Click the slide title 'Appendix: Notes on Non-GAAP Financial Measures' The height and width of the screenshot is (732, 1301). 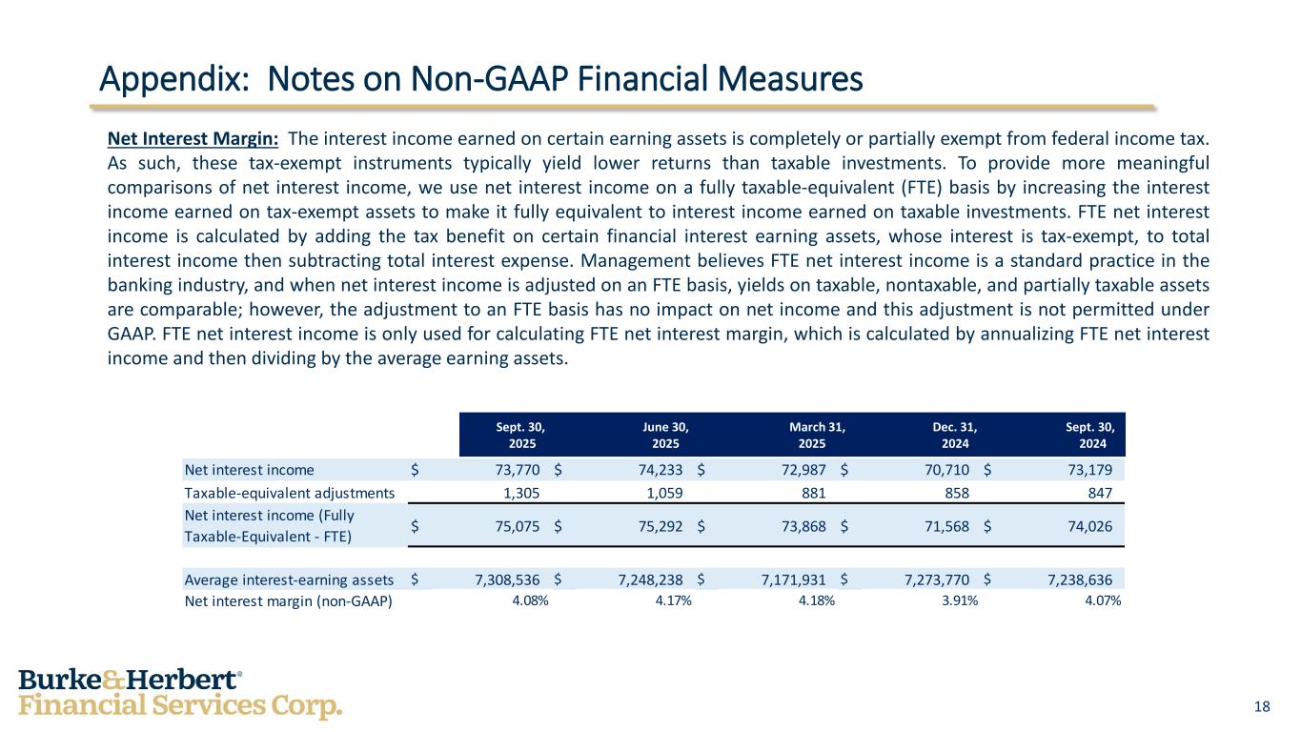[x=482, y=78]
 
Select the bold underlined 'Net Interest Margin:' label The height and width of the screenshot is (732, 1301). [x=193, y=139]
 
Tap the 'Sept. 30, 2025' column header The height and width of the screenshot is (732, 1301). [x=522, y=435]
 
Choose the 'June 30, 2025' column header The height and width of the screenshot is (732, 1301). [x=665, y=435]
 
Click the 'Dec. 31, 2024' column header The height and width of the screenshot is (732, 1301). [x=954, y=435]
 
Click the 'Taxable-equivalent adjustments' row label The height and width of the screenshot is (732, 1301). [x=289, y=493]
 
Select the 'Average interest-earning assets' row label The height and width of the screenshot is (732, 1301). [x=289, y=579]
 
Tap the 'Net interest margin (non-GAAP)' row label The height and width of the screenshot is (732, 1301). [x=288, y=600]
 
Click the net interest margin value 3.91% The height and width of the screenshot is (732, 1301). [x=958, y=600]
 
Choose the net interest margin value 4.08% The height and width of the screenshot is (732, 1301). [x=530, y=600]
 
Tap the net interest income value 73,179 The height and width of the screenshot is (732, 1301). [x=1088, y=470]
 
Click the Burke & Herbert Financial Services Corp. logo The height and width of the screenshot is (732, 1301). [x=180, y=694]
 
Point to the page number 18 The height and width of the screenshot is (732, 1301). [x=1262, y=706]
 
